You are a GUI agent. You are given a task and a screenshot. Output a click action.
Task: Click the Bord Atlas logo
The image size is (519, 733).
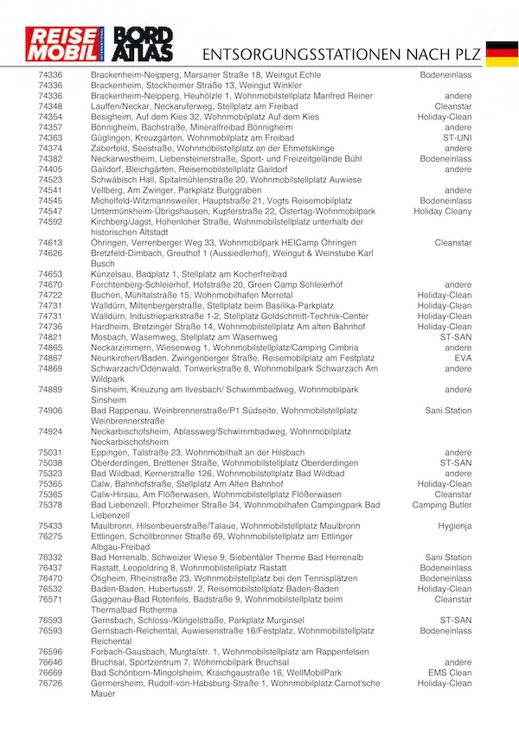(x=148, y=46)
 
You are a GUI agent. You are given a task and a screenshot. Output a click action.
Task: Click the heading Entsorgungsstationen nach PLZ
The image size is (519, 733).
(x=338, y=54)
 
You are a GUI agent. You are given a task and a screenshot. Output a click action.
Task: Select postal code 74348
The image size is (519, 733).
(x=50, y=106)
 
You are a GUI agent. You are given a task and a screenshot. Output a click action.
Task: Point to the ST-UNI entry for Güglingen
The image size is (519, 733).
(x=456, y=137)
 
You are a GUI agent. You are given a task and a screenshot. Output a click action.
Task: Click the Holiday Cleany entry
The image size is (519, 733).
(x=443, y=211)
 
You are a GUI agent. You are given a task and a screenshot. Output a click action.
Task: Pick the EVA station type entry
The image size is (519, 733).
(x=463, y=358)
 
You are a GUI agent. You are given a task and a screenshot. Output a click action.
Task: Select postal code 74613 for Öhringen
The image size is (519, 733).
(x=50, y=243)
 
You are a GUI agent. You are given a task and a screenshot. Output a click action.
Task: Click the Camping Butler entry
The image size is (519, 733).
(x=442, y=505)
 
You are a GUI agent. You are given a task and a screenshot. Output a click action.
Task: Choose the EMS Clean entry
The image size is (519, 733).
(x=450, y=672)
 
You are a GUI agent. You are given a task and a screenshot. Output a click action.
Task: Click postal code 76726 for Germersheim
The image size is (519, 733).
(x=50, y=683)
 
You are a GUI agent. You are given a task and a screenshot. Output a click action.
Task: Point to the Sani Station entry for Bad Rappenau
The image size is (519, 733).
(x=448, y=411)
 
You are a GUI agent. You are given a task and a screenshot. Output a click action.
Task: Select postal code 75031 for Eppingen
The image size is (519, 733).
(x=50, y=452)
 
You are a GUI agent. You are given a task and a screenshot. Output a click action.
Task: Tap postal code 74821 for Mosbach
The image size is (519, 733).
(x=50, y=337)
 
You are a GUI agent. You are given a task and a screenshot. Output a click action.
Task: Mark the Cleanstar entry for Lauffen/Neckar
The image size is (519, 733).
(x=453, y=106)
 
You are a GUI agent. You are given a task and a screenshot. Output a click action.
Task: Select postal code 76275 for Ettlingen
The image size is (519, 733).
(x=50, y=536)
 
